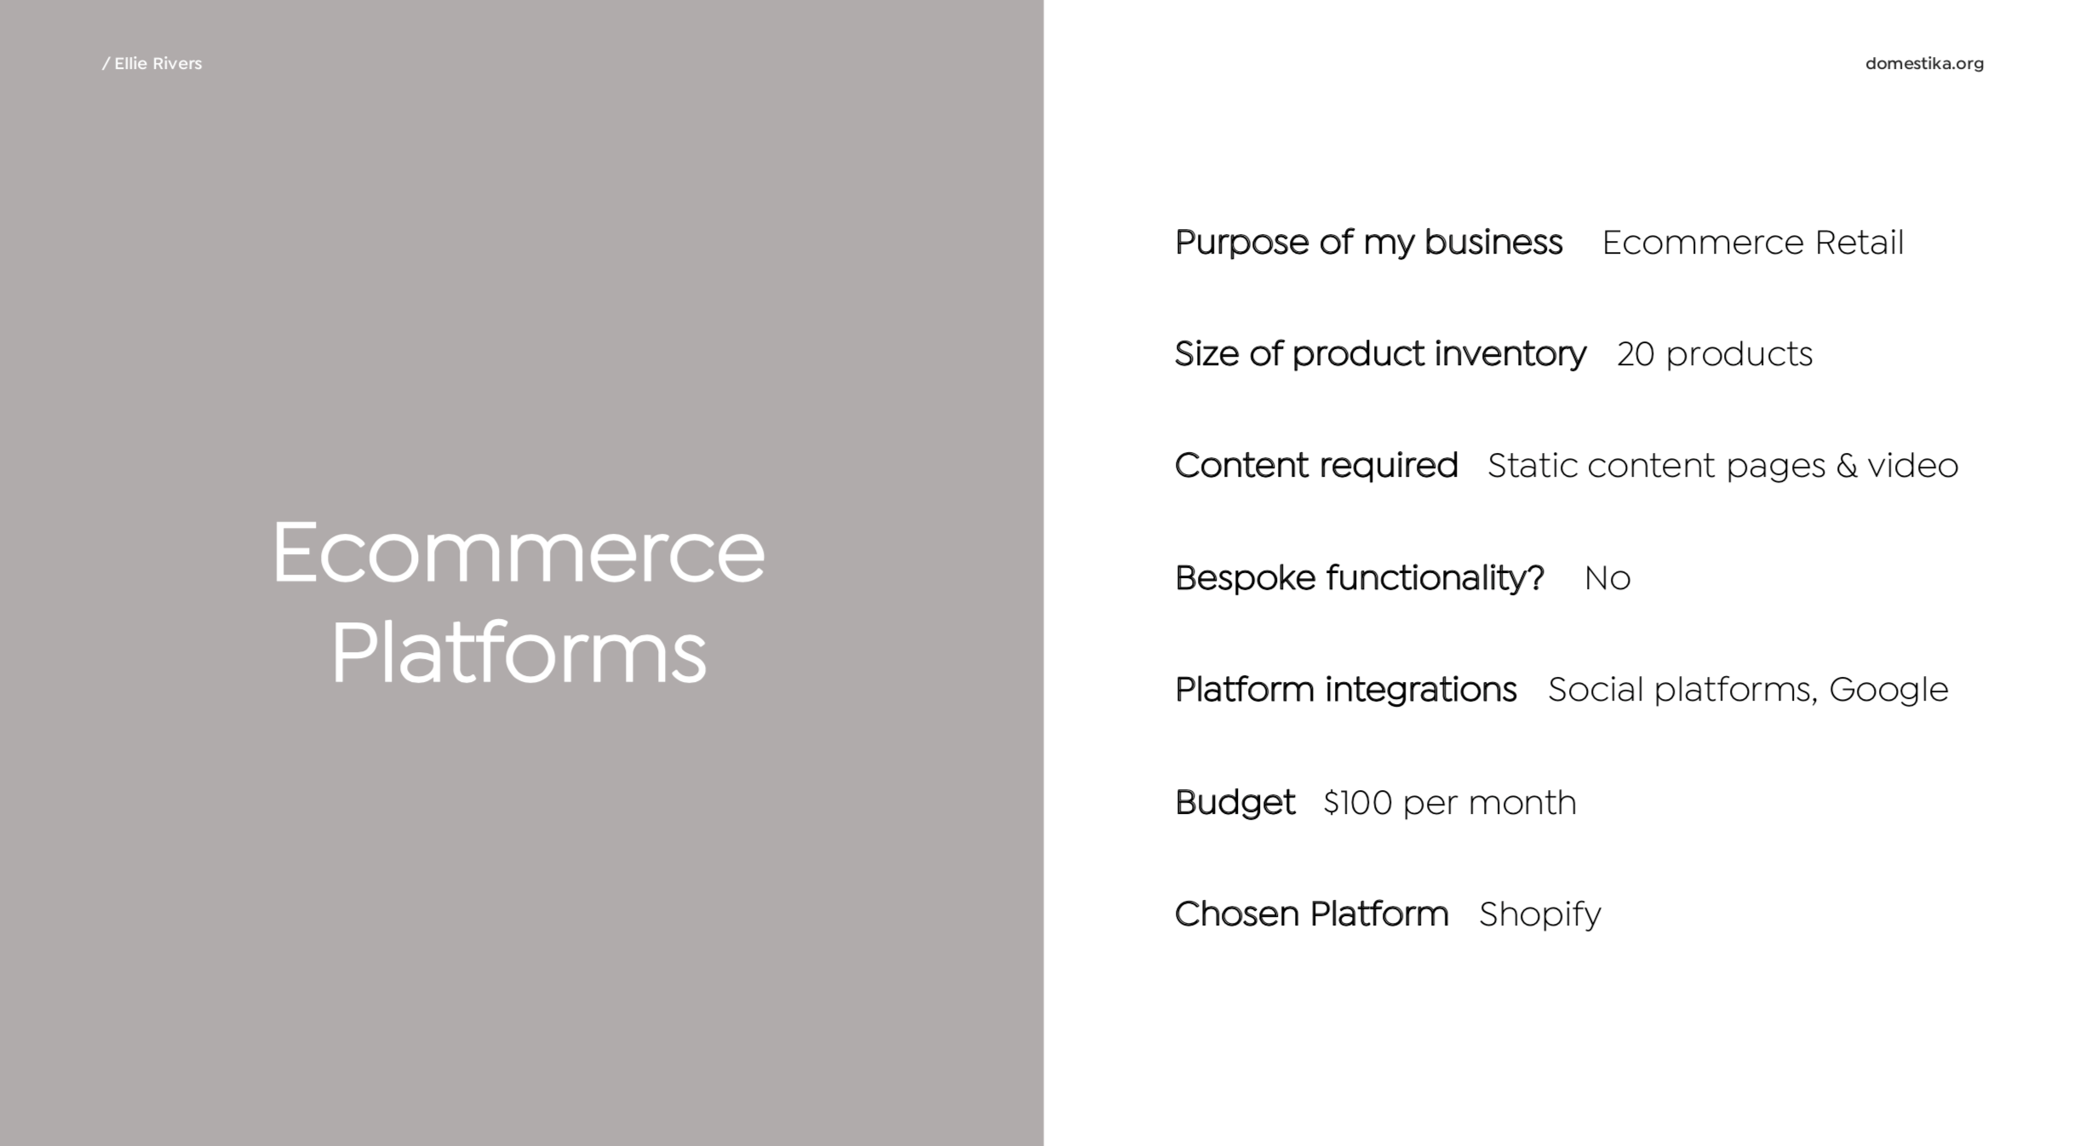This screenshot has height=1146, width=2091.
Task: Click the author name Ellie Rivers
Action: click(158, 64)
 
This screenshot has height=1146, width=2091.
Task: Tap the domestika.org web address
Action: click(1924, 64)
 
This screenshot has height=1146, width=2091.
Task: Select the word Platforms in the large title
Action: click(518, 653)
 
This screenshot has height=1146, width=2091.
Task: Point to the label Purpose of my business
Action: click(1368, 243)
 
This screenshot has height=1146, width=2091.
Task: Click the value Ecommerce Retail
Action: click(1752, 243)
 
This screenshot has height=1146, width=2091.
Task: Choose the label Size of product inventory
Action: click(1380, 354)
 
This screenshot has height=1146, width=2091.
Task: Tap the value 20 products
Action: click(1715, 354)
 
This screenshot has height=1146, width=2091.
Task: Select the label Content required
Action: click(1316, 466)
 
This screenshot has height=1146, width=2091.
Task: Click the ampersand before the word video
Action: click(1847, 466)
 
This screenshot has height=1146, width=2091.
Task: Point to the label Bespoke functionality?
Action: click(1359, 578)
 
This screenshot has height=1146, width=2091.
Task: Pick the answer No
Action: click(1607, 579)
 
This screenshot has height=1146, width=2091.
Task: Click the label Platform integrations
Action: click(1345, 690)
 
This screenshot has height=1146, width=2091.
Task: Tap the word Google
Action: click(1888, 690)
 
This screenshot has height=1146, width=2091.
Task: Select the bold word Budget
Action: click(1235, 802)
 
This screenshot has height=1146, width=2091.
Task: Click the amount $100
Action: click(1357, 803)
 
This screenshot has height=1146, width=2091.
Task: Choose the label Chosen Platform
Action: click(1311, 914)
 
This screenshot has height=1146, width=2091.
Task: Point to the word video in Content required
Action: click(1913, 466)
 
